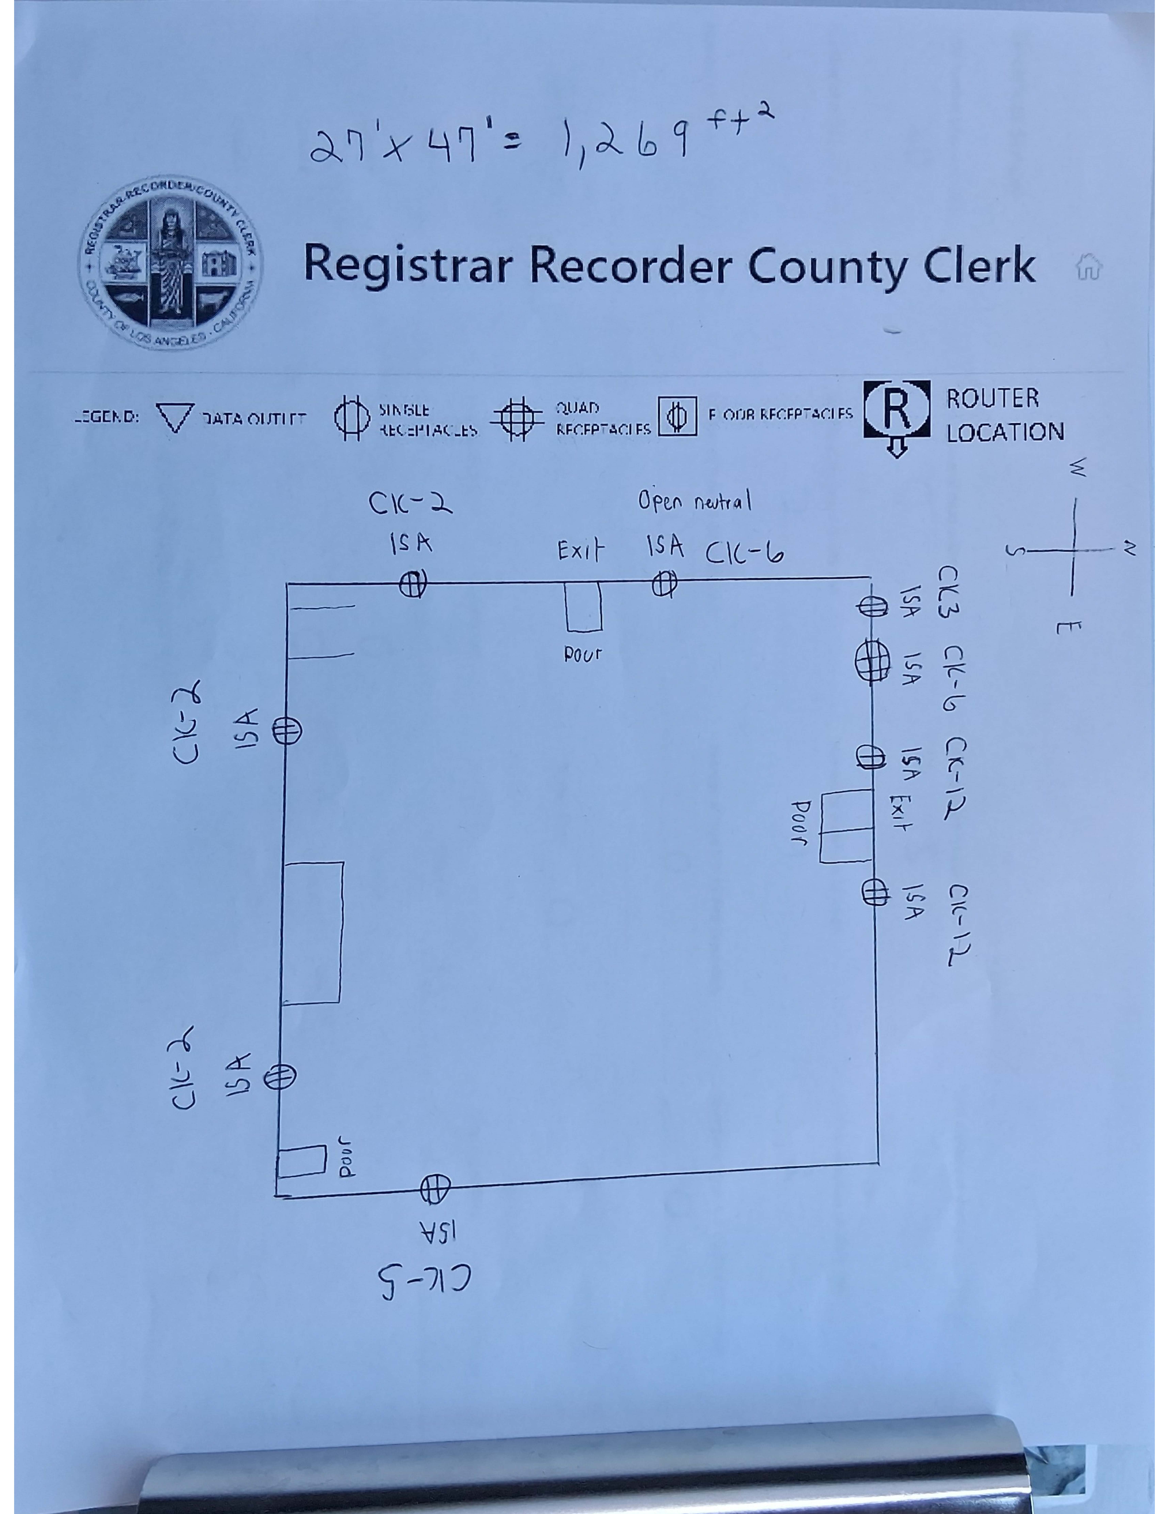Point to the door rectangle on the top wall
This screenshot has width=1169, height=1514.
click(x=583, y=607)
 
